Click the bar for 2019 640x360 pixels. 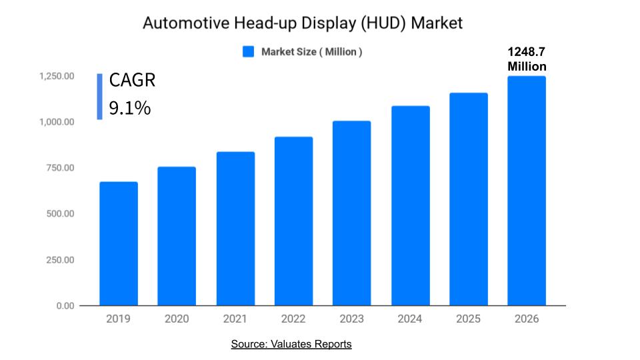click(x=119, y=243)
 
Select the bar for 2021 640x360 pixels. click(x=235, y=229)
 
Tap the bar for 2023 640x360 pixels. click(x=351, y=213)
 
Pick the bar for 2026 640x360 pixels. click(x=527, y=191)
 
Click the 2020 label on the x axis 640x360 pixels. click(x=177, y=319)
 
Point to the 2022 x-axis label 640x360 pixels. click(x=293, y=319)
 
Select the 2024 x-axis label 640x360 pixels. click(x=410, y=319)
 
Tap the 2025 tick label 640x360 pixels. click(x=468, y=319)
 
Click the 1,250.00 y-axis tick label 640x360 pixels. click(x=55, y=77)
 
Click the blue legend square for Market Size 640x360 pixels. click(x=248, y=52)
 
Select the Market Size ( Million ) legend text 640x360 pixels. click(x=311, y=52)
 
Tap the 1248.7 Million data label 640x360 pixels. click(x=527, y=59)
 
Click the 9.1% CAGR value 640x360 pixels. click(x=130, y=108)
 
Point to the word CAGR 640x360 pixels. click(x=132, y=81)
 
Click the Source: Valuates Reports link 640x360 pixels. click(x=291, y=344)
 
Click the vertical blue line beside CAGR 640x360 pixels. click(x=99, y=96)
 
